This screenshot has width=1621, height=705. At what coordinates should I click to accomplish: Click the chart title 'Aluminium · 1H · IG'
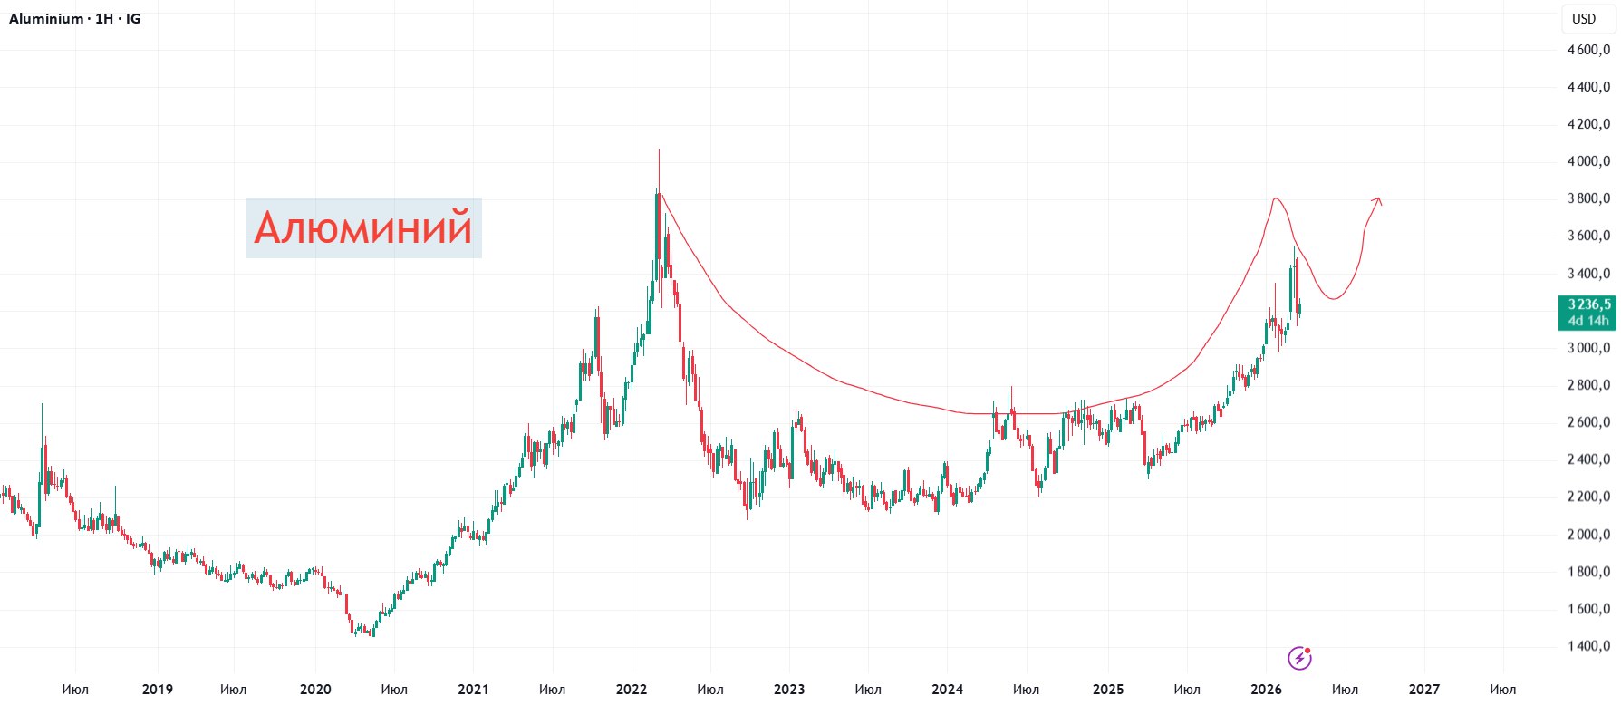tap(74, 18)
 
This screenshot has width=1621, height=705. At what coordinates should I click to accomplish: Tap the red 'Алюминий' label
tap(363, 227)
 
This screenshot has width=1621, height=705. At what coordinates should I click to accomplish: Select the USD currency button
tap(1583, 18)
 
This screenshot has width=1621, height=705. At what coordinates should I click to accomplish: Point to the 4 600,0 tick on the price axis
tap(1588, 50)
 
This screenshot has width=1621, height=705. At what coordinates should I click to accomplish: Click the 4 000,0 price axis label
tap(1588, 161)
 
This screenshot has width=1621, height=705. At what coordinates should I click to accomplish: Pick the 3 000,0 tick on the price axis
tap(1588, 348)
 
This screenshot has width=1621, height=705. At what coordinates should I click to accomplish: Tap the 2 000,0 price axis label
tap(1588, 535)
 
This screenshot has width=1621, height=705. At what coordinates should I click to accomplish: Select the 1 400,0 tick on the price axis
tap(1588, 646)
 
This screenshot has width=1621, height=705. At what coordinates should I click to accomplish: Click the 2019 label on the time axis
tap(158, 689)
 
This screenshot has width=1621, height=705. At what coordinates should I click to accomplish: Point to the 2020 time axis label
tap(315, 689)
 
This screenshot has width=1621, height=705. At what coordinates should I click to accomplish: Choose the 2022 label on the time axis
tap(632, 689)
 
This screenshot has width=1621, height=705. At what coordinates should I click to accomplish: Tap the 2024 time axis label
tap(948, 689)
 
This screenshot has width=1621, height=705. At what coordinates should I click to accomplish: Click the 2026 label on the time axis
tap(1266, 689)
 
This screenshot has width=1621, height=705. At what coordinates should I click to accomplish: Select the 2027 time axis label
tap(1423, 689)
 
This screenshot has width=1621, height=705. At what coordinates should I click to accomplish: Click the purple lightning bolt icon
tap(1299, 658)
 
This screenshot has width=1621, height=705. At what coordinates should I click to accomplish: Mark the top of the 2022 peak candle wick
tap(659, 150)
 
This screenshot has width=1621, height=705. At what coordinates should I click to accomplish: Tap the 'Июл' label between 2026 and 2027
tap(1345, 689)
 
